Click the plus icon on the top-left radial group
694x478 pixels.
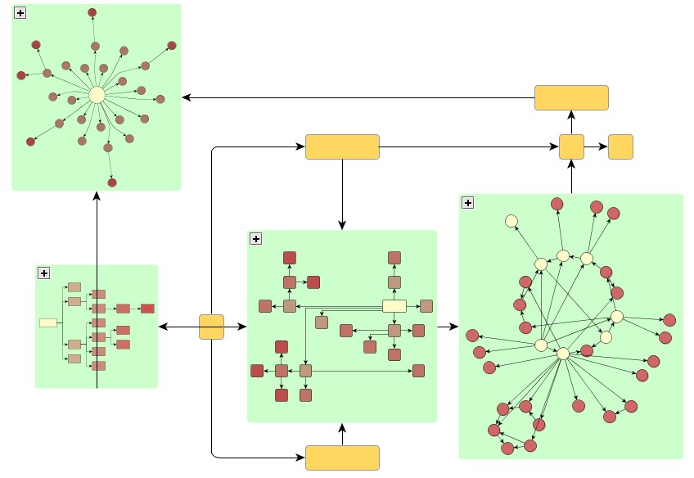20,13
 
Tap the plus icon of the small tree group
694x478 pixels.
44,273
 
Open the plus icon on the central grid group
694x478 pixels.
255,239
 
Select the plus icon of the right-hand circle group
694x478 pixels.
468,203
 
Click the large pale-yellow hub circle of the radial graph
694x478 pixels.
97,95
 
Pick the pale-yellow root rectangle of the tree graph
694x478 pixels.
48,322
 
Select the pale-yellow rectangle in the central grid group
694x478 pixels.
394,306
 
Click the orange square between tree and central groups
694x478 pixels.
211,327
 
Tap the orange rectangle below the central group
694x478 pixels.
342,458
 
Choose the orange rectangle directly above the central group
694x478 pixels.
342,147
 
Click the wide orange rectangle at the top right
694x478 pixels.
571,97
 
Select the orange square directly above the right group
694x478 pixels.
571,147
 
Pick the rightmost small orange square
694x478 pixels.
620,147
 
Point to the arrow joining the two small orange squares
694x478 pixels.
596,147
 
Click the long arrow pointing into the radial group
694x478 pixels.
352,98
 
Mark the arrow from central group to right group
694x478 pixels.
448,327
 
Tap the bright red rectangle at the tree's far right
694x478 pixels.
147,309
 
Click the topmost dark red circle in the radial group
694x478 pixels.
92,12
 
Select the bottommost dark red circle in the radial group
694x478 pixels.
112,183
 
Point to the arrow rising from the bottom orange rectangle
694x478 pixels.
342,435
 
